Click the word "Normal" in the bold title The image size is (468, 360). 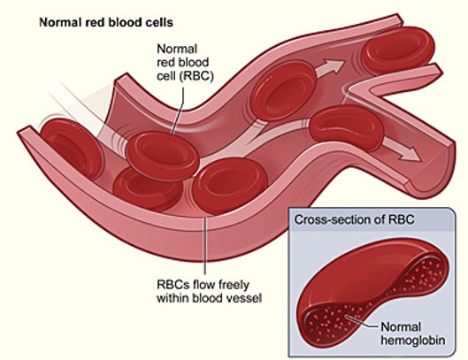coord(59,18)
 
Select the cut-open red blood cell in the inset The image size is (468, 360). coord(363,283)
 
